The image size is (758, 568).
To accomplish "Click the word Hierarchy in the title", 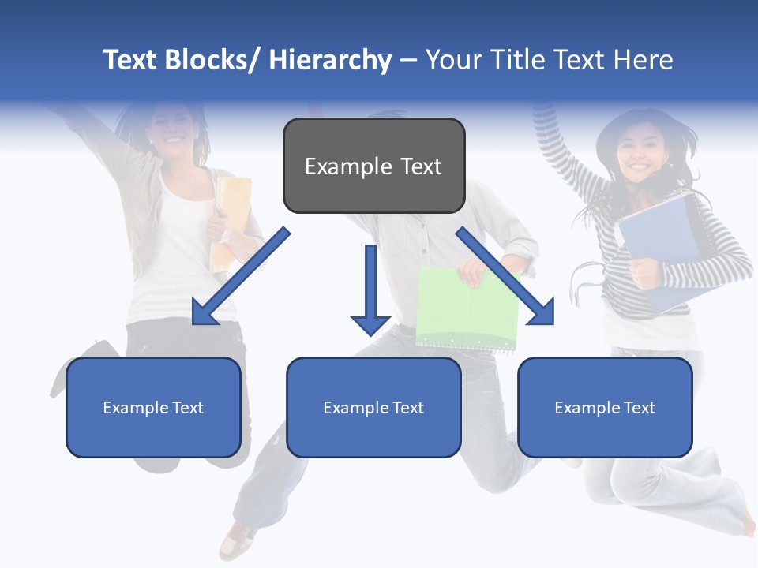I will pyautogui.click(x=330, y=60).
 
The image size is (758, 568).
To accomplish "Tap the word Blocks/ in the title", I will pyautogui.click(x=213, y=60).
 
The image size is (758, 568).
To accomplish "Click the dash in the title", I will pyautogui.click(x=408, y=60).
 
